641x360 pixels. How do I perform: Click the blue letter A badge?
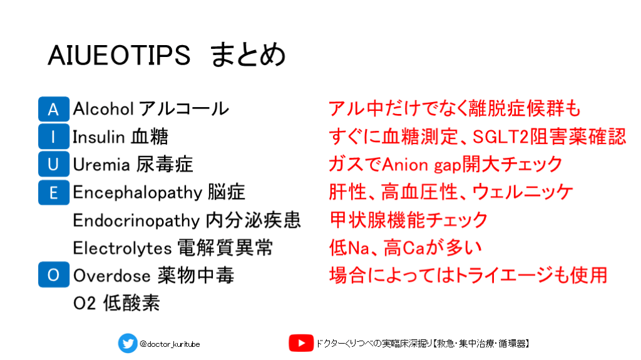pos(54,109)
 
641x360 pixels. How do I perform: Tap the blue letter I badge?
pos(54,136)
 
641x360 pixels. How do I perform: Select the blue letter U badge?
pos(54,164)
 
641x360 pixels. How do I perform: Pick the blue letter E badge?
pos(54,192)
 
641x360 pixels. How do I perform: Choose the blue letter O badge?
pos(54,274)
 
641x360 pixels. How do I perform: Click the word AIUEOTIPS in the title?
pos(119,55)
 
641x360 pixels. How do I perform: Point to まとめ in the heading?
pos(248,54)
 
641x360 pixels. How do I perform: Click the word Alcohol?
pos(103,109)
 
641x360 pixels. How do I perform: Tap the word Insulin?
pos(98,136)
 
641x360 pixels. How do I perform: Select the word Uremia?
pos(101,165)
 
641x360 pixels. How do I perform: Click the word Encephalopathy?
pos(138,193)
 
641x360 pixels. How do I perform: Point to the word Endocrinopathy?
pos(136,220)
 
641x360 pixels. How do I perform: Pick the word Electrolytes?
pos(122,248)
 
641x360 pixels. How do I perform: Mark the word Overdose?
pos(112,275)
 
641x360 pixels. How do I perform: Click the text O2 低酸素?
pos(116,303)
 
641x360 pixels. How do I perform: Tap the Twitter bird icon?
pos(128,343)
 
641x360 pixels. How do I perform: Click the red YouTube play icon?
pos(301,343)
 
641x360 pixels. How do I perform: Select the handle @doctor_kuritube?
pos(170,344)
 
